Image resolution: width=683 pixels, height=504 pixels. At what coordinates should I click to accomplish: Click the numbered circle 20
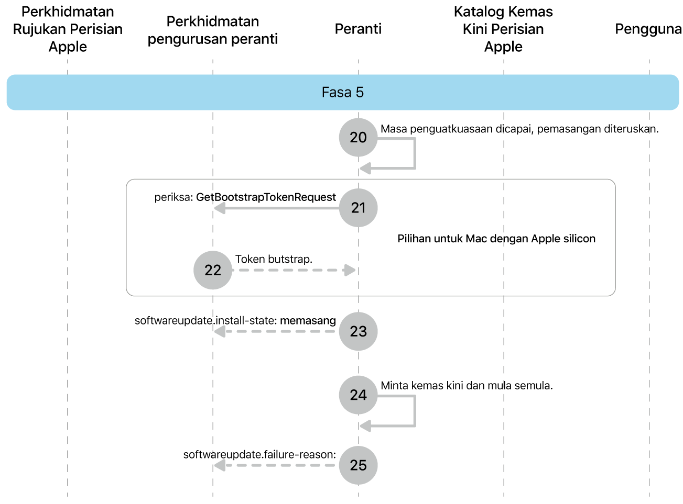358,138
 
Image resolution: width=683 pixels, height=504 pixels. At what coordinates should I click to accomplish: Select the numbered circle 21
358,208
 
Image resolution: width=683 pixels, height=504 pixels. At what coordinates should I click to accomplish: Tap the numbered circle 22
213,270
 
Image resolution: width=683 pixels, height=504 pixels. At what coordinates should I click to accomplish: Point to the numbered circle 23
358,331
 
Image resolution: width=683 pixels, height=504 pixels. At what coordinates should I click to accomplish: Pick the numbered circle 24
358,395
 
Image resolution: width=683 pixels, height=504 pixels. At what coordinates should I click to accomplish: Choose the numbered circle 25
358,465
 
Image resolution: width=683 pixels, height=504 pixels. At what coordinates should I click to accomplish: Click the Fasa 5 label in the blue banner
342,93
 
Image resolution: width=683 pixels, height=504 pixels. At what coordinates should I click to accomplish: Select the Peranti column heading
358,29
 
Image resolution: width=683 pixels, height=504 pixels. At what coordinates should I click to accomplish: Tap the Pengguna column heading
648,29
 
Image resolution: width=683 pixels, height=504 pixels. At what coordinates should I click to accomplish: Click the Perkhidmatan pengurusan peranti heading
213,30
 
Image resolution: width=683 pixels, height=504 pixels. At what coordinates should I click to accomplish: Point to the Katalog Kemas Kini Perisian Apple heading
503,29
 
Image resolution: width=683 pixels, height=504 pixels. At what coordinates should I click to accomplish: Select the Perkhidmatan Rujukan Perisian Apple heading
68,29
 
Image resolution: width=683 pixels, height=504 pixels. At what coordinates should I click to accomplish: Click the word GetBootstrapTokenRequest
266,197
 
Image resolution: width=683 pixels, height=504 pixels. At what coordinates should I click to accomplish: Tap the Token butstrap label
274,259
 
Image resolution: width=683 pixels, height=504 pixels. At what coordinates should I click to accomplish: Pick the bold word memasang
308,320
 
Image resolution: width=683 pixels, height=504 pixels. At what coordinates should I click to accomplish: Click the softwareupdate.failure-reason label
259,454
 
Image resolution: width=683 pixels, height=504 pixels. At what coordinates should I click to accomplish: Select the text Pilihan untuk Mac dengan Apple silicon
496,239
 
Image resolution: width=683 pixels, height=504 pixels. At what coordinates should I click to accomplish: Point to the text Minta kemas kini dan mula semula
467,386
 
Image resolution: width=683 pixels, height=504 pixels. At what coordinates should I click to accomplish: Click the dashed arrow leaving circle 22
294,270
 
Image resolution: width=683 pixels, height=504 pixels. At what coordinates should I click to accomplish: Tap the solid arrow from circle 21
278,208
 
